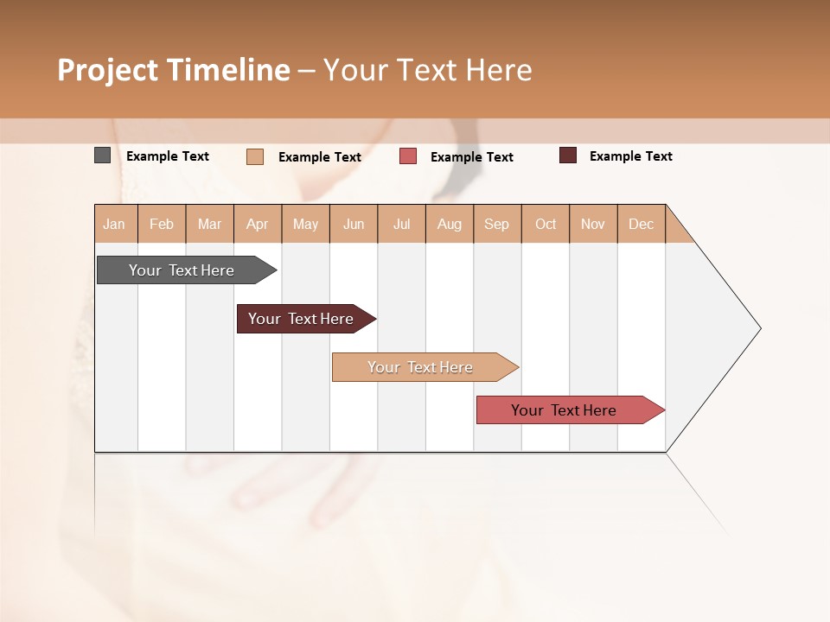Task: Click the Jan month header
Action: (x=115, y=224)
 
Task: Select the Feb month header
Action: (x=162, y=224)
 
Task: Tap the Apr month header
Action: (x=258, y=224)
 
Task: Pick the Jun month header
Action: (x=354, y=224)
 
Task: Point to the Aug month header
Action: (x=450, y=224)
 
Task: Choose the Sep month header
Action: (x=497, y=224)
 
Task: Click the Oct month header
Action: (x=546, y=224)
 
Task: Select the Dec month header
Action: (x=642, y=224)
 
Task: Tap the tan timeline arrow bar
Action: (x=421, y=367)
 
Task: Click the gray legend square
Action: (x=102, y=155)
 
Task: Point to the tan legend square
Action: (x=254, y=156)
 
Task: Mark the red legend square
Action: (x=408, y=156)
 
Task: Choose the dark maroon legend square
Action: (x=567, y=155)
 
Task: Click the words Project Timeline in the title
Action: (x=174, y=70)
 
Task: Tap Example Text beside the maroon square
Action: (x=630, y=156)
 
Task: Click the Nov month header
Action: (x=593, y=224)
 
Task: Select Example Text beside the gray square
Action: (x=168, y=156)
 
